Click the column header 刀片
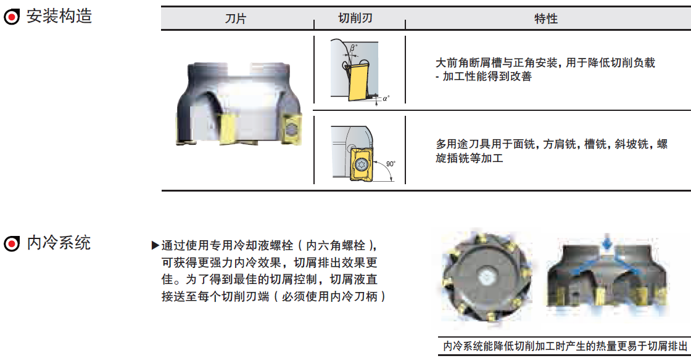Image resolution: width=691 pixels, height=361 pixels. pos(235,18)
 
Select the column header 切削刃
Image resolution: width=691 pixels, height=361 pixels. pos(355,18)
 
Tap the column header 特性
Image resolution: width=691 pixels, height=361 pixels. pos(546,18)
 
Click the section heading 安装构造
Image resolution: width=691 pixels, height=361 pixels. pos(59,16)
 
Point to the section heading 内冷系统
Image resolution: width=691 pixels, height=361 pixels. pos(59,243)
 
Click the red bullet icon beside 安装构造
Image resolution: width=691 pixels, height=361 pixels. pos(12,17)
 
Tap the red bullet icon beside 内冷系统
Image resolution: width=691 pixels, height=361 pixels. pos(12,243)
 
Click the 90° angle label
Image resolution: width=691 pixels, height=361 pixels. pos(391,164)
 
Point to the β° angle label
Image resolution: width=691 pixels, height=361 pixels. pos(354,47)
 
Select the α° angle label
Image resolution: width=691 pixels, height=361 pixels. pos(386,99)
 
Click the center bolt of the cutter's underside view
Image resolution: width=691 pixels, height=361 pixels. pos(486,277)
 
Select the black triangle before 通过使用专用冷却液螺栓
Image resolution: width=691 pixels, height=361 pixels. pos(155,245)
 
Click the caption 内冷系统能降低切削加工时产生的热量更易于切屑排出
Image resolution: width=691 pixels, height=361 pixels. pos(565,346)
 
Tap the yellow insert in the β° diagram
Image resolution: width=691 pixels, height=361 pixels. pos(360,81)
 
